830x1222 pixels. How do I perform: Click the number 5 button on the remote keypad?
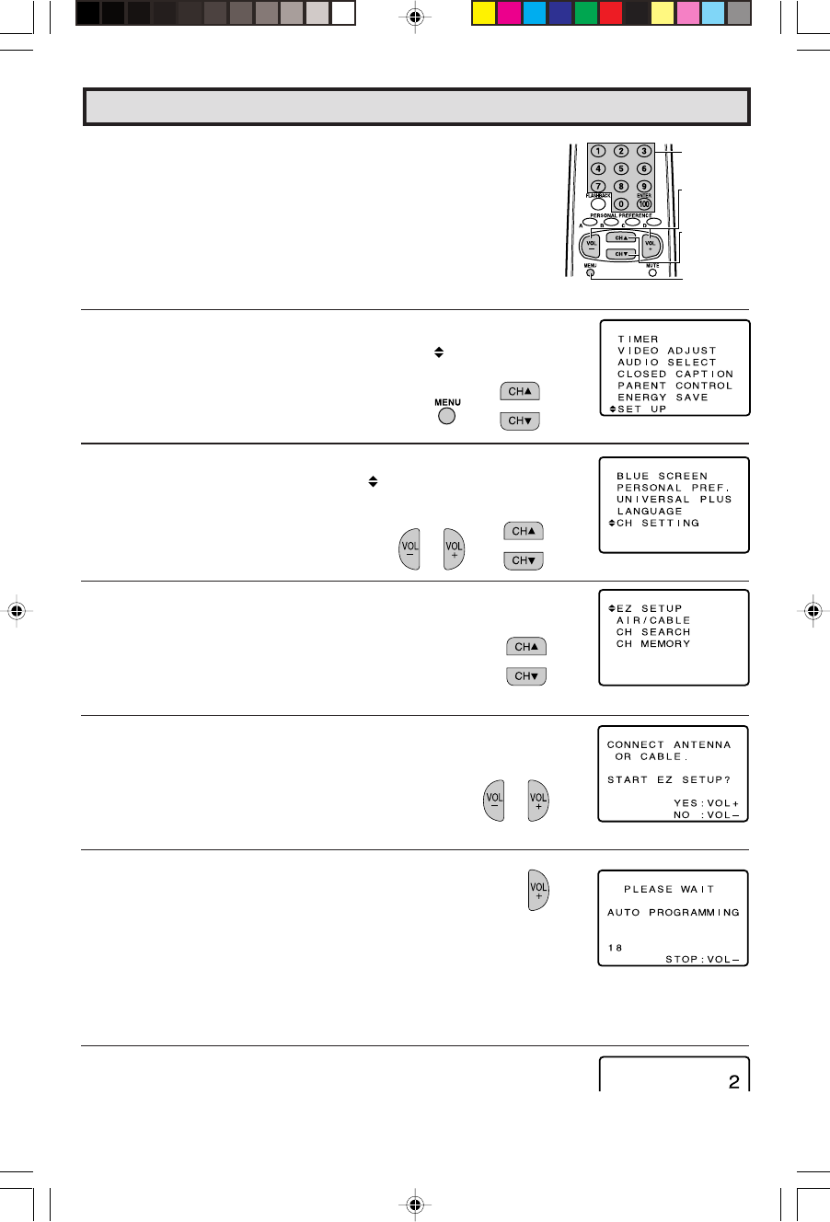click(621, 168)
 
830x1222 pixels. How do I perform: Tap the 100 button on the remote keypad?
click(644, 204)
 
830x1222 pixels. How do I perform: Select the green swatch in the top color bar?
click(585, 13)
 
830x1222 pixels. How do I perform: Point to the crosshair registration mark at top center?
click(415, 17)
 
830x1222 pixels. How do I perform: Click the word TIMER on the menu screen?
click(639, 340)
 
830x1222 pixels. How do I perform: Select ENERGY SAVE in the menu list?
click(663, 398)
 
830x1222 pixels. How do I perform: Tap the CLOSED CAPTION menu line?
click(675, 375)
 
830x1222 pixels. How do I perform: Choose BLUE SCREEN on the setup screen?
click(662, 477)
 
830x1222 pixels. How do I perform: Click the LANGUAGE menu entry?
click(650, 512)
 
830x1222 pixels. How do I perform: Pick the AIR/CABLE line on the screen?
click(653, 620)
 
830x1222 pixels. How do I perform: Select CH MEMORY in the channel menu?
click(653, 644)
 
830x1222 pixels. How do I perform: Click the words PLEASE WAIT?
click(669, 890)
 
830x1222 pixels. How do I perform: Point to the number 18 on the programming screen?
click(615, 948)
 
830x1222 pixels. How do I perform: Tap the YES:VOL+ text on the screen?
click(706, 803)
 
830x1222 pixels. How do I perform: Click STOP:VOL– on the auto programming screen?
click(702, 960)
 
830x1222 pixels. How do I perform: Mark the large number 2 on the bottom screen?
click(734, 1082)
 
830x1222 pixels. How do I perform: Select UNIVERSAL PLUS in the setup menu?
click(674, 500)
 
